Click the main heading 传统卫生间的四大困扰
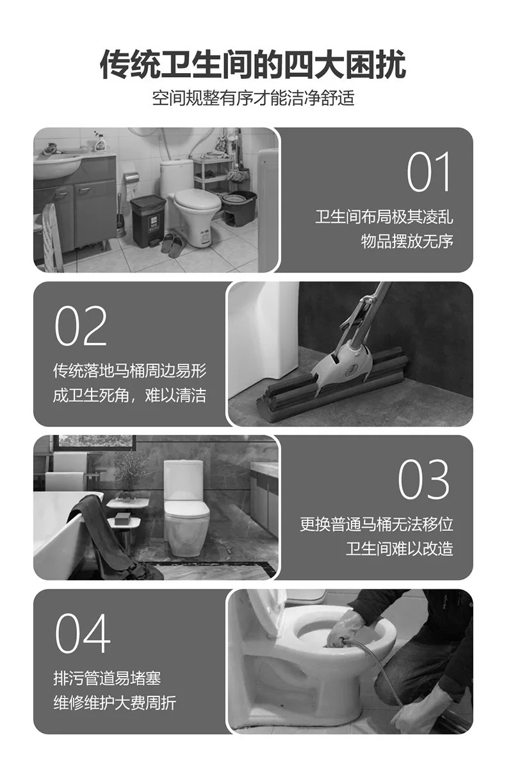(253, 64)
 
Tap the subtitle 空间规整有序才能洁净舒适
(253, 98)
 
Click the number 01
(428, 172)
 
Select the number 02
(81, 326)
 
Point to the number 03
(423, 480)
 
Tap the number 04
(83, 634)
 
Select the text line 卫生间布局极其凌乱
(384, 217)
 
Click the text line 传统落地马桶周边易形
(130, 371)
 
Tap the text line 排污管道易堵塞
(107, 678)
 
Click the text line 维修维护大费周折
(115, 703)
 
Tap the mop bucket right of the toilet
(240, 208)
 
